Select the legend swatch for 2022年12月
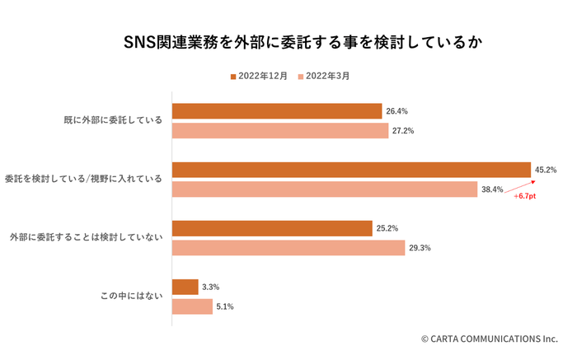tap(233, 77)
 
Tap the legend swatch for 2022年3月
tap(300, 77)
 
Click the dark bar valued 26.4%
tap(277, 111)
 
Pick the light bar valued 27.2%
tap(279, 131)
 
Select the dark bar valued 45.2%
tap(350, 170)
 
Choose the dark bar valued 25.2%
tap(272, 228)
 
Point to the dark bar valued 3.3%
tap(185, 287)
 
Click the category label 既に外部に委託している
tap(113, 121)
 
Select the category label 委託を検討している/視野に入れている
tap(84, 180)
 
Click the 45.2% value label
tap(546, 170)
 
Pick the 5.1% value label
tap(224, 306)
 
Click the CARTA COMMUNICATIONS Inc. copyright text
tap(489, 339)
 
